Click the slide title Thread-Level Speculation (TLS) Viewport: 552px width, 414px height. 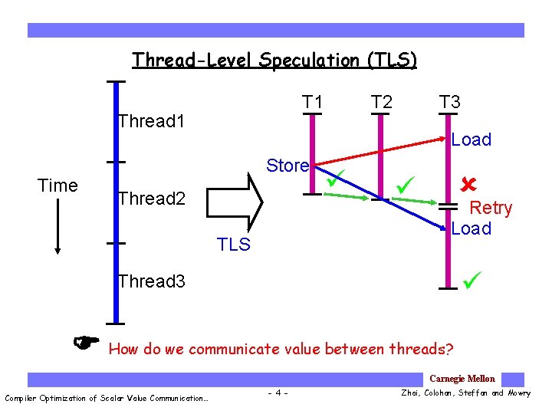click(x=274, y=60)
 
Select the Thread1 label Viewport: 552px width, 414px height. click(x=152, y=121)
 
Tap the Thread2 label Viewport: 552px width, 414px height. click(x=152, y=199)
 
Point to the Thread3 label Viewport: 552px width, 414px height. click(x=152, y=281)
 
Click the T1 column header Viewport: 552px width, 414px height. click(x=312, y=102)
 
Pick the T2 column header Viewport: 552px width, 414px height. click(x=381, y=102)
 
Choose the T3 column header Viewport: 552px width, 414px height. click(x=449, y=102)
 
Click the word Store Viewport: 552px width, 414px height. click(x=287, y=166)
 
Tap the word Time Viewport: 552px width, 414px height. click(x=58, y=186)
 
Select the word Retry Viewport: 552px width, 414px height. click(x=491, y=208)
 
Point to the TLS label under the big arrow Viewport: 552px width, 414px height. click(x=234, y=245)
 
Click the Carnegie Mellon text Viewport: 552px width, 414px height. click(x=462, y=379)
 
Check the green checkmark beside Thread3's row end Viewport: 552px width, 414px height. click(x=472, y=281)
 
